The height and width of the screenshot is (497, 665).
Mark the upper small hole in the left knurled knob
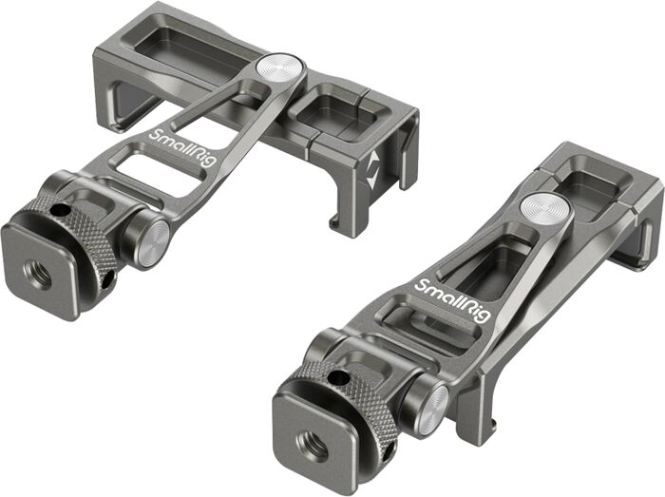[x=60, y=211]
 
